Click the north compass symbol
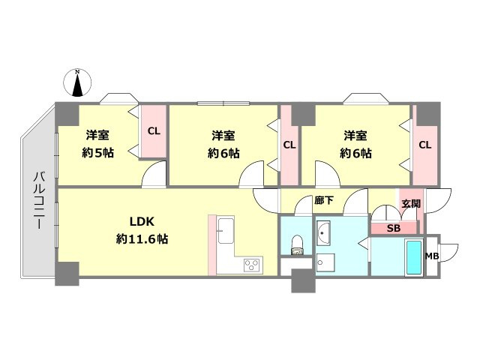(x=77, y=82)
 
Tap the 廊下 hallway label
(x=323, y=200)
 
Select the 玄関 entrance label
(x=409, y=204)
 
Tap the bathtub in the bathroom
(x=413, y=257)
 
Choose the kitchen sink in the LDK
(x=226, y=228)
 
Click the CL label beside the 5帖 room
(x=154, y=130)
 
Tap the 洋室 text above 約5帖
(x=97, y=136)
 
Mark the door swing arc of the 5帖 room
(x=154, y=176)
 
